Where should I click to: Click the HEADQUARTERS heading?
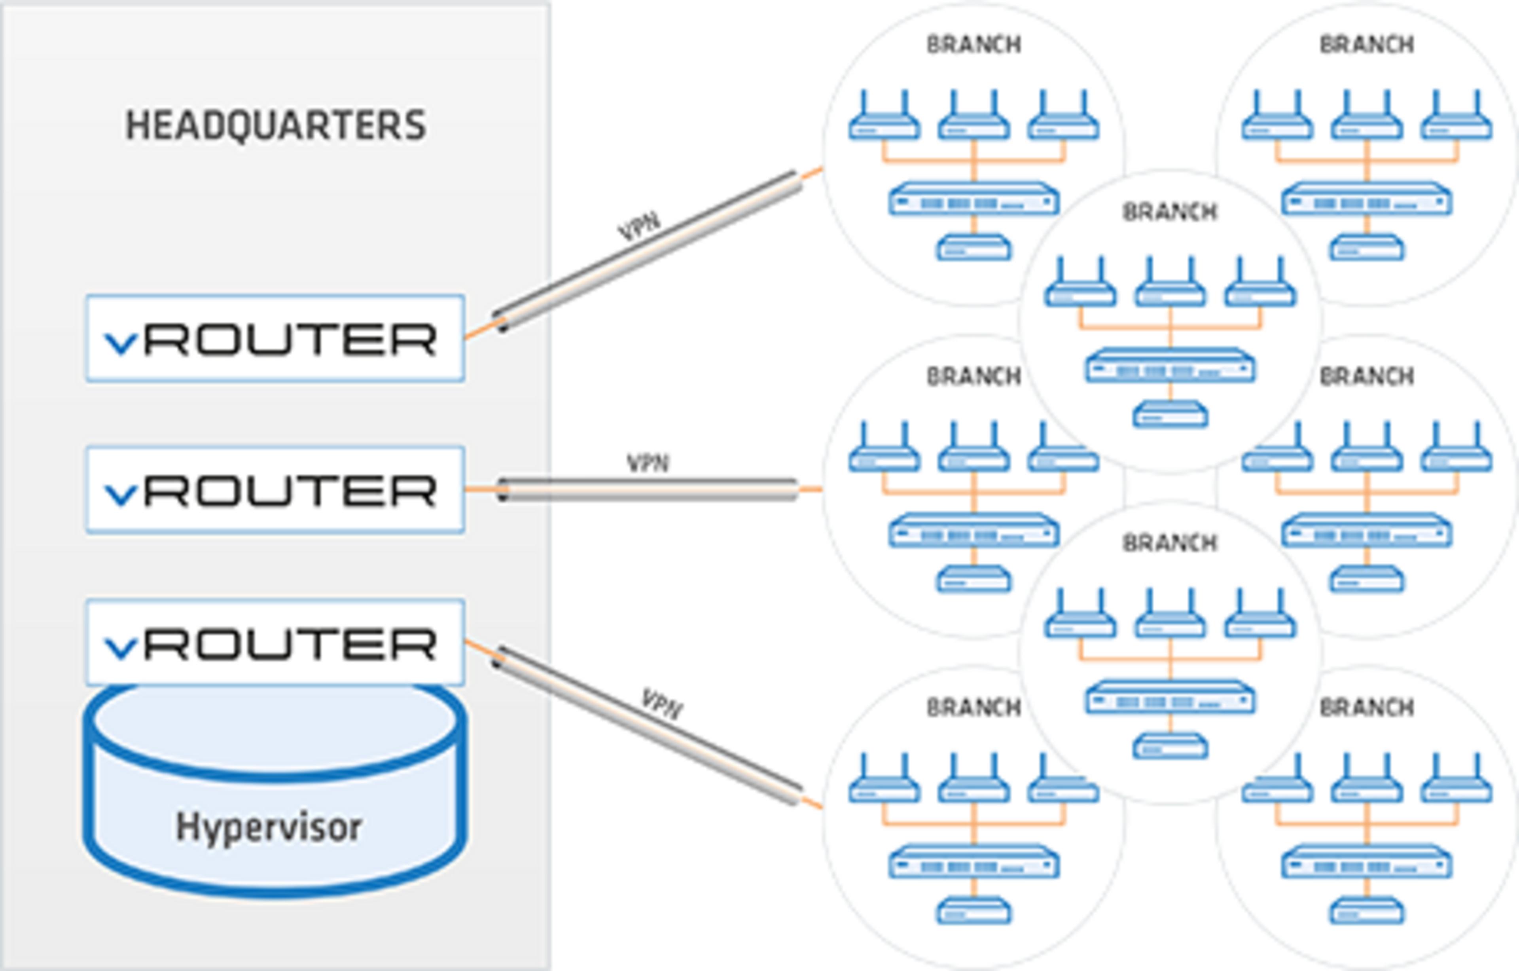[276, 125]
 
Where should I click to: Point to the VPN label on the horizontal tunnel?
[647, 463]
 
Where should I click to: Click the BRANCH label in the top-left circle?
[974, 45]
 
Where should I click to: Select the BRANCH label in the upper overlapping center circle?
[1170, 212]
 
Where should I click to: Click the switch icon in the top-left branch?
[974, 199]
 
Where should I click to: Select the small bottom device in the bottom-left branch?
[974, 911]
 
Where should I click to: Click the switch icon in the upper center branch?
[1170, 366]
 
